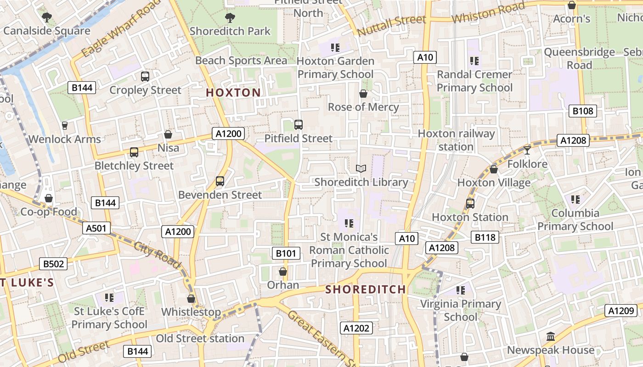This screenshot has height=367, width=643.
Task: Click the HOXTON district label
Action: point(233,93)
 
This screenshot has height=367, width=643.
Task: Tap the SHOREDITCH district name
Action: point(366,289)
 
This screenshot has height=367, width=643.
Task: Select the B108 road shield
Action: point(583,111)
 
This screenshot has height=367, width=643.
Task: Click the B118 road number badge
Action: point(485,237)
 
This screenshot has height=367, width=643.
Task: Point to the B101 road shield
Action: point(286,253)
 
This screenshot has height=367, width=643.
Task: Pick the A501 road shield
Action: point(96,228)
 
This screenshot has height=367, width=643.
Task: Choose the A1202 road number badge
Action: point(356,328)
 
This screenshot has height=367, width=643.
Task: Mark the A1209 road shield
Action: point(621,311)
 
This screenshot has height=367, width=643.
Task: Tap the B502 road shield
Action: point(53,264)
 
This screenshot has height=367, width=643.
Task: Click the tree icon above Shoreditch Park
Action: point(230,18)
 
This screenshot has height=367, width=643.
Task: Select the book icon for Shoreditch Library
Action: point(361,169)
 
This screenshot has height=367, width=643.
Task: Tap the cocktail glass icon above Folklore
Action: point(527,150)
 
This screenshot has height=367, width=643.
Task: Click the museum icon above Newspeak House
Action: point(551,337)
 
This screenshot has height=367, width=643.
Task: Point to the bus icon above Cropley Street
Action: point(145,77)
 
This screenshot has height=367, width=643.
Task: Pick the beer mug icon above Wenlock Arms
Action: point(65,126)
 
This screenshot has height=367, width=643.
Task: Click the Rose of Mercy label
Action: point(363,107)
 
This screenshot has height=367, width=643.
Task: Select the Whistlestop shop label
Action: point(191,312)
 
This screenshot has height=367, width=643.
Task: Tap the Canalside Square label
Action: point(47,31)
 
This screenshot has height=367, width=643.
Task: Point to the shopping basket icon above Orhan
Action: point(283,272)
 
